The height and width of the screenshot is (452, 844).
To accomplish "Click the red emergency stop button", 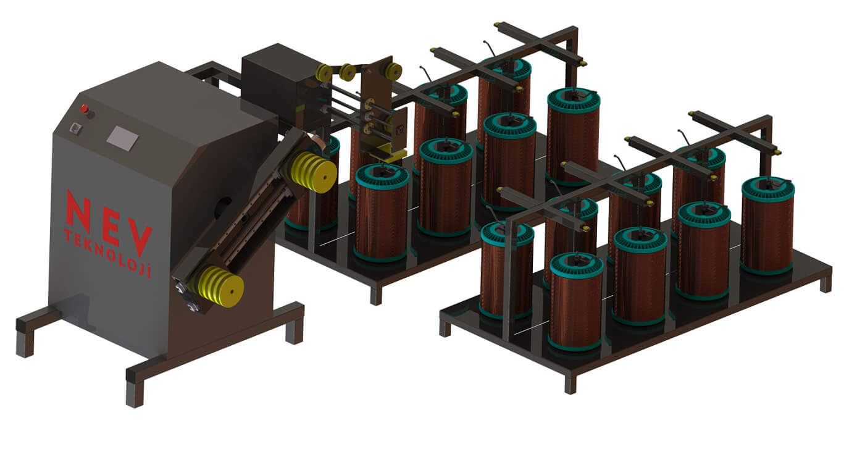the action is click(85, 109).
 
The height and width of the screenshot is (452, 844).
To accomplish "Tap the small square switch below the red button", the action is click(76, 128).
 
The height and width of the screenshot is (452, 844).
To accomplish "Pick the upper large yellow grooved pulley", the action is click(314, 173).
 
